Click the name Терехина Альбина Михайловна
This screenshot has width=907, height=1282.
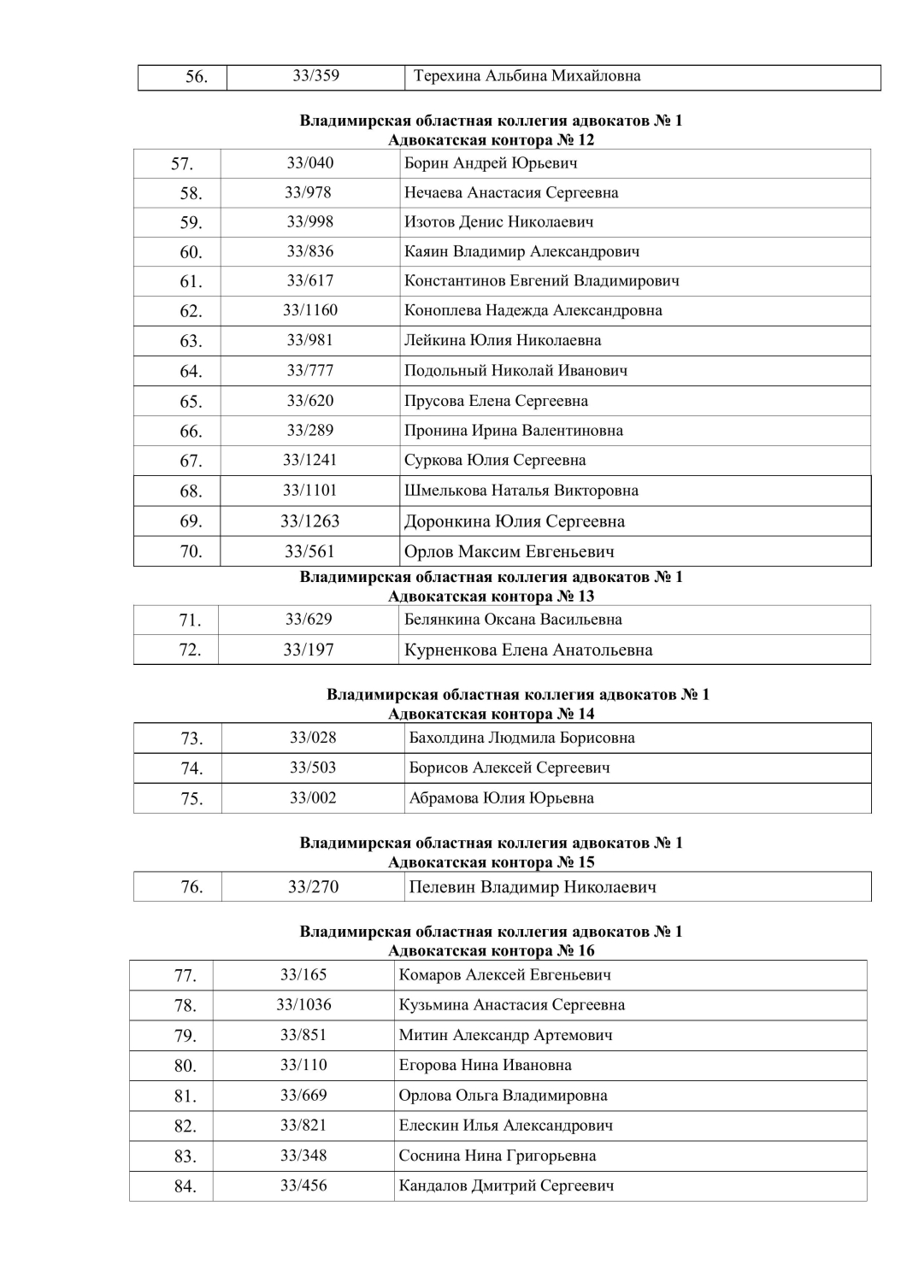[527, 76]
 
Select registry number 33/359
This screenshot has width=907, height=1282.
[315, 76]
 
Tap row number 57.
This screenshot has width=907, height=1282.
[181, 164]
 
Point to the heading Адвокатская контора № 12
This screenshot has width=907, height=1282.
[491, 140]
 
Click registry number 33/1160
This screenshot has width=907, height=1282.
[309, 310]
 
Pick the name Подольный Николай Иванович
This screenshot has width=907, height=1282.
[515, 371]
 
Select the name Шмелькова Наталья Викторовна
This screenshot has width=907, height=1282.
[521, 491]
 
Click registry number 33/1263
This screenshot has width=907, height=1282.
[309, 521]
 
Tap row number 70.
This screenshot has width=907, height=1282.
[191, 551]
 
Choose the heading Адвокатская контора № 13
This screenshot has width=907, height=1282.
[491, 597]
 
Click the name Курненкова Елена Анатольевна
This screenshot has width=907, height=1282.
[528, 650]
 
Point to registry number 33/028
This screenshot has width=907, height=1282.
[313, 738]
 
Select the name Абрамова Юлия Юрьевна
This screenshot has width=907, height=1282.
[501, 798]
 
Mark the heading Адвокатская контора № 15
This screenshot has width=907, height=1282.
[491, 862]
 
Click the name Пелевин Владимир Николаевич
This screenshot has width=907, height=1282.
[533, 887]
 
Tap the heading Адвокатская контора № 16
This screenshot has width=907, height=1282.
[491, 951]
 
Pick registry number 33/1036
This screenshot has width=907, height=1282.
[303, 1005]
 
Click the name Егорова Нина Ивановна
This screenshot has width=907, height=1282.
[485, 1066]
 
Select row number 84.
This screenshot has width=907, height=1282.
[186, 1186]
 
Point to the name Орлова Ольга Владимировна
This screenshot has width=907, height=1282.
[503, 1096]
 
